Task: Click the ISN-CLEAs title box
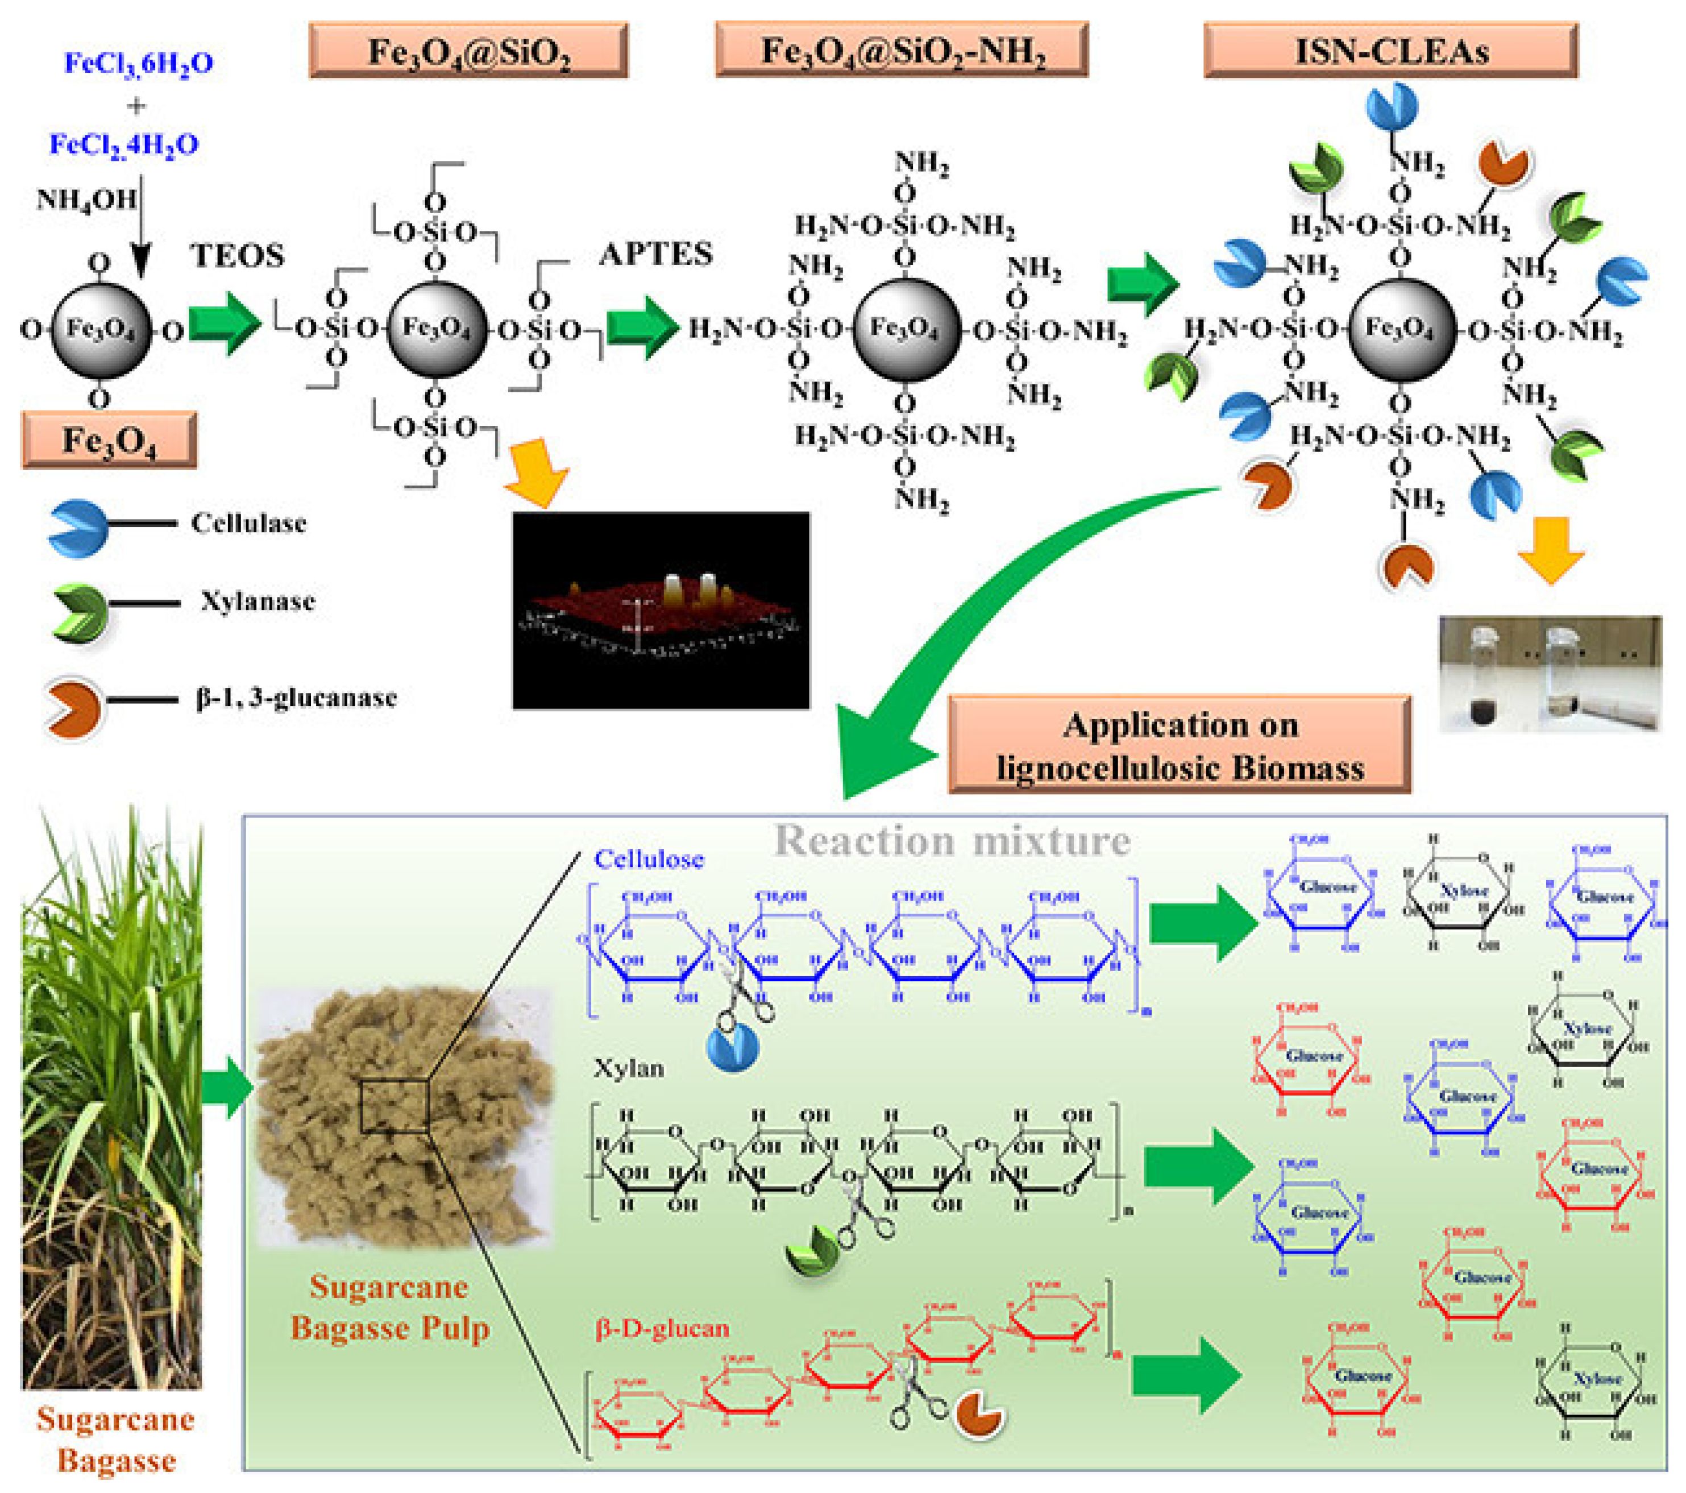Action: pyautogui.click(x=1391, y=51)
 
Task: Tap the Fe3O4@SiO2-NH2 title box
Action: pyautogui.click(x=902, y=51)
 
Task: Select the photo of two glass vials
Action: pyautogui.click(x=1550, y=673)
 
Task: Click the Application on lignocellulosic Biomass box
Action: pyautogui.click(x=1180, y=745)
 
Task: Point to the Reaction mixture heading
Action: pyautogui.click(x=952, y=841)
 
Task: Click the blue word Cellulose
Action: pyautogui.click(x=649, y=860)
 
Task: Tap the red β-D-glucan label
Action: pyautogui.click(x=662, y=1329)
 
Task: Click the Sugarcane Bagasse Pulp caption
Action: pyautogui.click(x=390, y=1308)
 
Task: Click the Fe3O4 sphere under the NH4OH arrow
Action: pyautogui.click(x=101, y=329)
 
